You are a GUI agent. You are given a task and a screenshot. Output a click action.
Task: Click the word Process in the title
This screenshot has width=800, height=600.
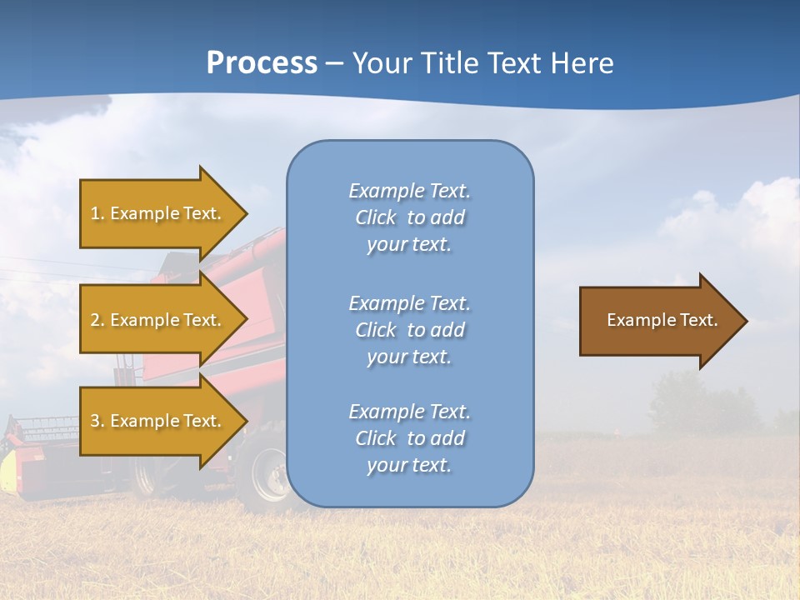(262, 62)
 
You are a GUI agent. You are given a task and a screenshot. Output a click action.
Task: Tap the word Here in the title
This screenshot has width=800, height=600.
(584, 62)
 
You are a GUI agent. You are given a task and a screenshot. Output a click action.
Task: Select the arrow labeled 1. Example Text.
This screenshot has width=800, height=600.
(158, 213)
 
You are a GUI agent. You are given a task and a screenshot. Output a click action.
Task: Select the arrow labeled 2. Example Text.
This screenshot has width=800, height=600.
(158, 320)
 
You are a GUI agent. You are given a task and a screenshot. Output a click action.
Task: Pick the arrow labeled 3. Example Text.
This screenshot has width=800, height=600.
(158, 421)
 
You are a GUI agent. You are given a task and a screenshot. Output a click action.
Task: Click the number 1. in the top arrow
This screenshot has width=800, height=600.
(97, 213)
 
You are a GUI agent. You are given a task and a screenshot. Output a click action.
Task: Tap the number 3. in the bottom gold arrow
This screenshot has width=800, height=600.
(97, 421)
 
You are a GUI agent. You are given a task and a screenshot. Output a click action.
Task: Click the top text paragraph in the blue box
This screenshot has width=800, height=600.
(409, 217)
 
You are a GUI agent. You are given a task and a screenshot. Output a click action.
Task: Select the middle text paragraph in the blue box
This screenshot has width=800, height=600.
(409, 330)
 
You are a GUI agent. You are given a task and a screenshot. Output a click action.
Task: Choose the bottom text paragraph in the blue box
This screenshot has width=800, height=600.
(409, 438)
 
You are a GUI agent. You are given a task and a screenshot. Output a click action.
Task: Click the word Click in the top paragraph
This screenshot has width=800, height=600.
(375, 217)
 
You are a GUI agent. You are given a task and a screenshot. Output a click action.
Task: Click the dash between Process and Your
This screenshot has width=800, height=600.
(334, 63)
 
